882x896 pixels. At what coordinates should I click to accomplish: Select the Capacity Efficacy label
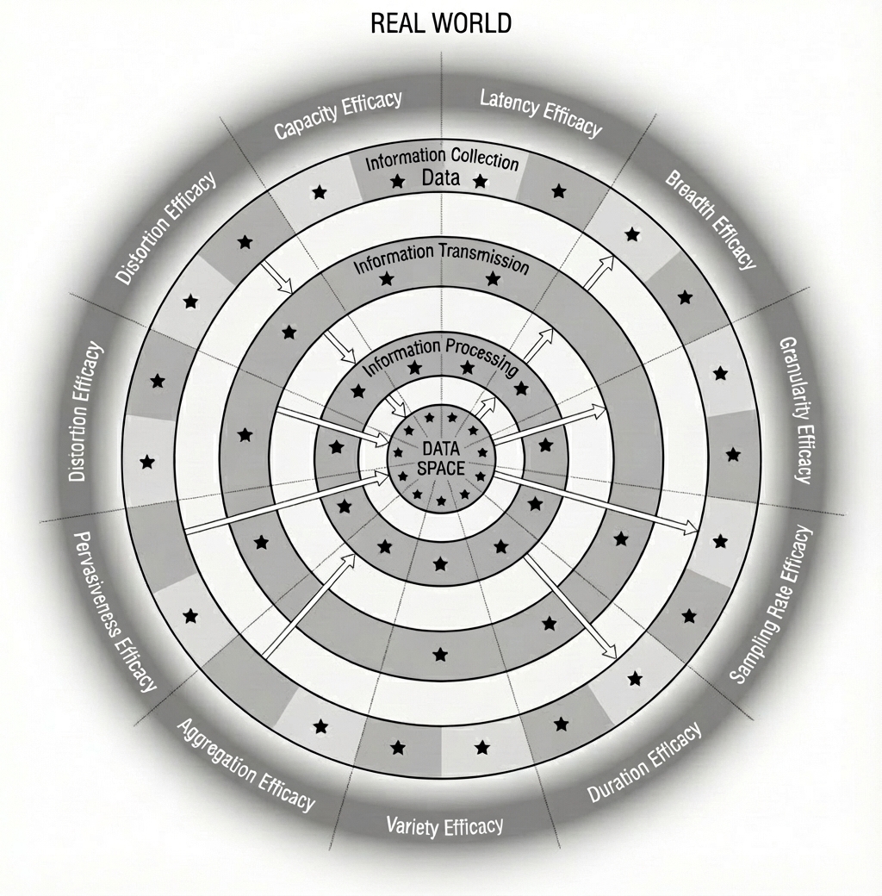click(339, 115)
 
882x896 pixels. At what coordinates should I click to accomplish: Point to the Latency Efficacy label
click(541, 113)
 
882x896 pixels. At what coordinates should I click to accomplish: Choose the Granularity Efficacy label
click(796, 410)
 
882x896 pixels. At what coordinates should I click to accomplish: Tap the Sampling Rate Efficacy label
click(772, 605)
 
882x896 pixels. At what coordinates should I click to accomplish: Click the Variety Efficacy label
click(444, 825)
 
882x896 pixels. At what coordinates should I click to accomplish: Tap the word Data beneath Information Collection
click(440, 177)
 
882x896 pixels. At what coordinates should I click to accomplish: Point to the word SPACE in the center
click(440, 468)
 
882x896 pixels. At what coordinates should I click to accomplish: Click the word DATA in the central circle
click(440, 450)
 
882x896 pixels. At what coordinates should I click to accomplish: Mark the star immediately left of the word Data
click(398, 182)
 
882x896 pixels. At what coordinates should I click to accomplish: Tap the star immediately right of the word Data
click(481, 182)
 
